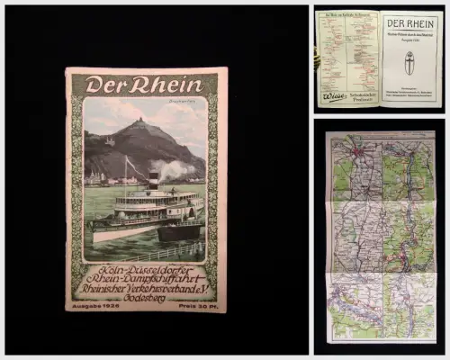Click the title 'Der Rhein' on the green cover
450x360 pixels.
(x=144, y=85)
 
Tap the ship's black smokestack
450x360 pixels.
(x=154, y=178)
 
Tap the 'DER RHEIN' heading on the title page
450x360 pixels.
(x=410, y=25)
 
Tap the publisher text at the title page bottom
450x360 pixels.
(x=410, y=94)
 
